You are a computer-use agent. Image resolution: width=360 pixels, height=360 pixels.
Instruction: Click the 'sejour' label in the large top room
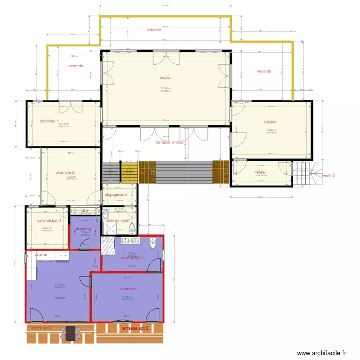coord(166,77)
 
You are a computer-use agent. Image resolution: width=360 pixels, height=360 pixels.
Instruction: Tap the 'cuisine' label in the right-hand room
coord(270,122)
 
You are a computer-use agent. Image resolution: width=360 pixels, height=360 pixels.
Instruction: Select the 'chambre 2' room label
coord(65,172)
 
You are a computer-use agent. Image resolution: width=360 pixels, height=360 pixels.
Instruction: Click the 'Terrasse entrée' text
coord(169,143)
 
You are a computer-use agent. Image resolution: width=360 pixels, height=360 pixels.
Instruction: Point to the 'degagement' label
coord(116,195)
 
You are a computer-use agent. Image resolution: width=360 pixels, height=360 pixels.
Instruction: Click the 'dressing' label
coord(83,229)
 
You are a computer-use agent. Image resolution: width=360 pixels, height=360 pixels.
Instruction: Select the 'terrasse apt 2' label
coord(135,328)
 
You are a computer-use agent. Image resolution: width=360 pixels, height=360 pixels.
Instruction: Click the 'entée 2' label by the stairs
coord(328,176)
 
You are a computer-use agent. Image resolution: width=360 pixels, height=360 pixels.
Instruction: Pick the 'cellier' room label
coord(260,171)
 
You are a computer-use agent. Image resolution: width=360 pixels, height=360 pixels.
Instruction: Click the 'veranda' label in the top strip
coord(155,30)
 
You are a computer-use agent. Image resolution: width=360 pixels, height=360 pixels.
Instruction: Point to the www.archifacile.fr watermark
coord(321,353)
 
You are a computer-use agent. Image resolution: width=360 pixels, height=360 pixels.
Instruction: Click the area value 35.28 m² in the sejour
coord(166,88)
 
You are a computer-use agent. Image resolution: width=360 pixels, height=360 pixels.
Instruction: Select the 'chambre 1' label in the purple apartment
coord(129,289)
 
